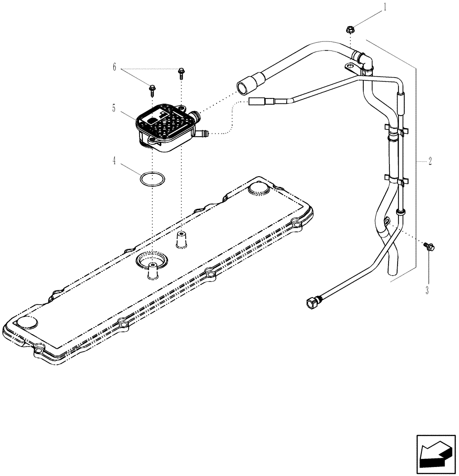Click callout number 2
pos(429,161)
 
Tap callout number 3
pos(427,290)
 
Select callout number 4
pos(114,161)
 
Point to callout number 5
pos(114,109)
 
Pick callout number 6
pos(114,68)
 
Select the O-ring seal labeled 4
pos(153,179)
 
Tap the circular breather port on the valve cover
pos(151,260)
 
